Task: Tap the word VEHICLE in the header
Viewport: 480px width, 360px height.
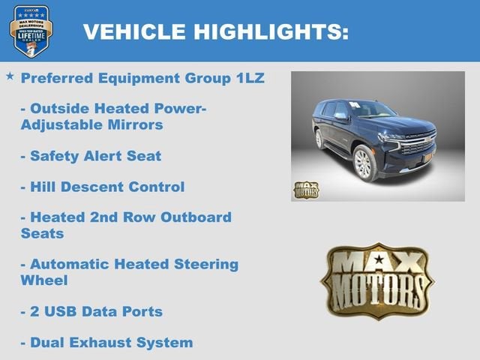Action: (x=134, y=32)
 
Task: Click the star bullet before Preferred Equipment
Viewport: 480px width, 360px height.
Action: (x=10, y=76)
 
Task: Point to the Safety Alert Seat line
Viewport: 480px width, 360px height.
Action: (x=91, y=156)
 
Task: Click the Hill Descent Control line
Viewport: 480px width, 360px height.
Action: (x=102, y=187)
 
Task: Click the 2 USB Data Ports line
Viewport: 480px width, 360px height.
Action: (x=91, y=311)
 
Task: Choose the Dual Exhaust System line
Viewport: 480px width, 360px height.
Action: (x=106, y=343)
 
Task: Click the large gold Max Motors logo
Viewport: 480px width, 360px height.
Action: (x=377, y=281)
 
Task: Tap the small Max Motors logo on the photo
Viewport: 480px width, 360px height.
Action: (x=305, y=189)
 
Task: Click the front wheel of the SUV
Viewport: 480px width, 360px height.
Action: (x=364, y=163)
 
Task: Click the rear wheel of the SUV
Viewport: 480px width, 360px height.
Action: (x=319, y=139)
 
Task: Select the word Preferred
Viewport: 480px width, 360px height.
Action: (x=58, y=78)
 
